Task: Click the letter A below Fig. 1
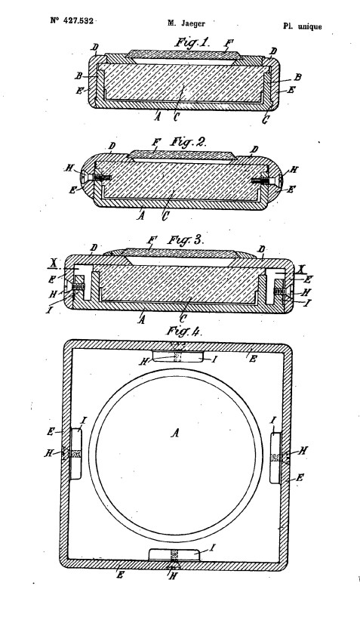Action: click(157, 117)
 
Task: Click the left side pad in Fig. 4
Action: click(77, 453)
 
